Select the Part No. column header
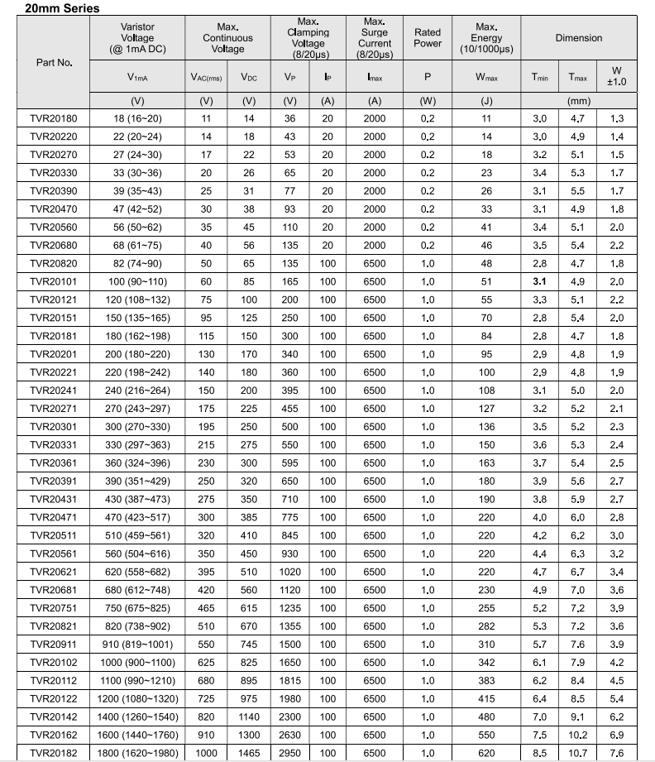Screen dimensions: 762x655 coord(55,62)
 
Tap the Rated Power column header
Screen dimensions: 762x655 coord(428,38)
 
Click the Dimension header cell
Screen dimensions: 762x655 coord(579,38)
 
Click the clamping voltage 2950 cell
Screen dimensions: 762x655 coord(290,753)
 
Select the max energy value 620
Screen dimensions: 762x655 coord(486,753)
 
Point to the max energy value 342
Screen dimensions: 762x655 coord(486,663)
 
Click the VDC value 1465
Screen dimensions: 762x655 coord(249,753)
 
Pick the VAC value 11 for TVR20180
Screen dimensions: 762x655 coord(207,118)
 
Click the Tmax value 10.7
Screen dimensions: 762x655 coord(577,753)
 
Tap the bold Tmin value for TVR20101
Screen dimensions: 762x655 coord(540,281)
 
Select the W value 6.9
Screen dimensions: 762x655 coord(617,735)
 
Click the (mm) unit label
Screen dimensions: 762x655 coord(579,101)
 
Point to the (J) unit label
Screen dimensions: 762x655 coord(486,101)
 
